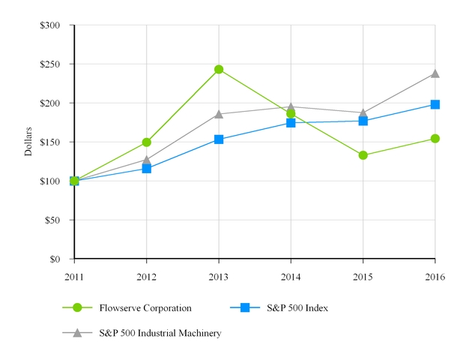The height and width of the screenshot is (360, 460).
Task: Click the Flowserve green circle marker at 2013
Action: click(219, 70)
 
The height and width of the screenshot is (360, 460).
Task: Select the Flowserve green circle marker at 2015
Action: click(363, 155)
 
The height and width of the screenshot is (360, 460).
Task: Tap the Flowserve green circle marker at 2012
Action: click(147, 142)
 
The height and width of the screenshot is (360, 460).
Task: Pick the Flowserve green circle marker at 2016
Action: click(435, 139)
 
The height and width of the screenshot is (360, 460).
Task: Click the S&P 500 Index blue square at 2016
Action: click(435, 105)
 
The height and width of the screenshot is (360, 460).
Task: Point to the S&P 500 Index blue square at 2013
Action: click(219, 139)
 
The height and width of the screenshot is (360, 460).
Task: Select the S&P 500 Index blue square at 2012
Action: click(147, 169)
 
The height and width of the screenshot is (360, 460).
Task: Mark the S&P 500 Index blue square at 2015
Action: click(363, 121)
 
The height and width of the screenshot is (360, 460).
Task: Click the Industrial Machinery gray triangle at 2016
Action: click(435, 73)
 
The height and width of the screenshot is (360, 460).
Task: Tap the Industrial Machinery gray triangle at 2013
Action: click(219, 114)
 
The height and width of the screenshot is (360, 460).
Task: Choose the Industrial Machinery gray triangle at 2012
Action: click(147, 160)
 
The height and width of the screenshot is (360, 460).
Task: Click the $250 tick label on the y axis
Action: click(51, 64)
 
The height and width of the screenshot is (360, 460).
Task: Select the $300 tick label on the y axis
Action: click(51, 25)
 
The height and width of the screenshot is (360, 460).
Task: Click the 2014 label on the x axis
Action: click(291, 276)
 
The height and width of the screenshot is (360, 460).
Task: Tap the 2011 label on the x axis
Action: click(74, 276)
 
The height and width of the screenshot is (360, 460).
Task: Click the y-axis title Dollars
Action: click(28, 142)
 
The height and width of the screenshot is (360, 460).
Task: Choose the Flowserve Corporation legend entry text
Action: click(145, 307)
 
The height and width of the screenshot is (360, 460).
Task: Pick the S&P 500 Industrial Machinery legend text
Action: click(160, 332)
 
